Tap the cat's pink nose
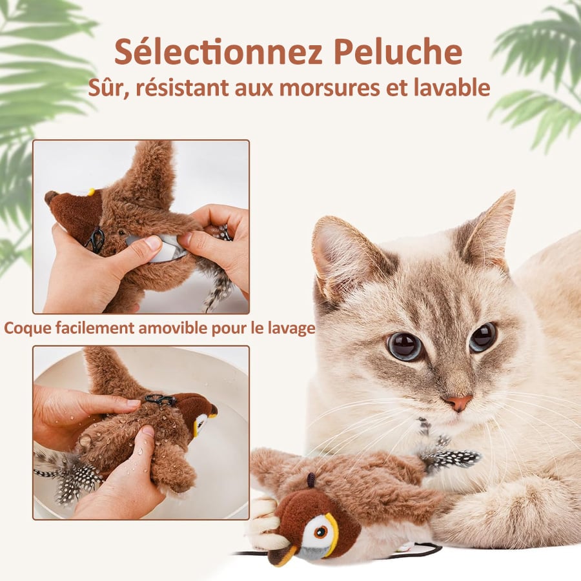pyautogui.click(x=458, y=402)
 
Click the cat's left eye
pyautogui.click(x=405, y=346)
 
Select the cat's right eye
pyautogui.click(x=483, y=336)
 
